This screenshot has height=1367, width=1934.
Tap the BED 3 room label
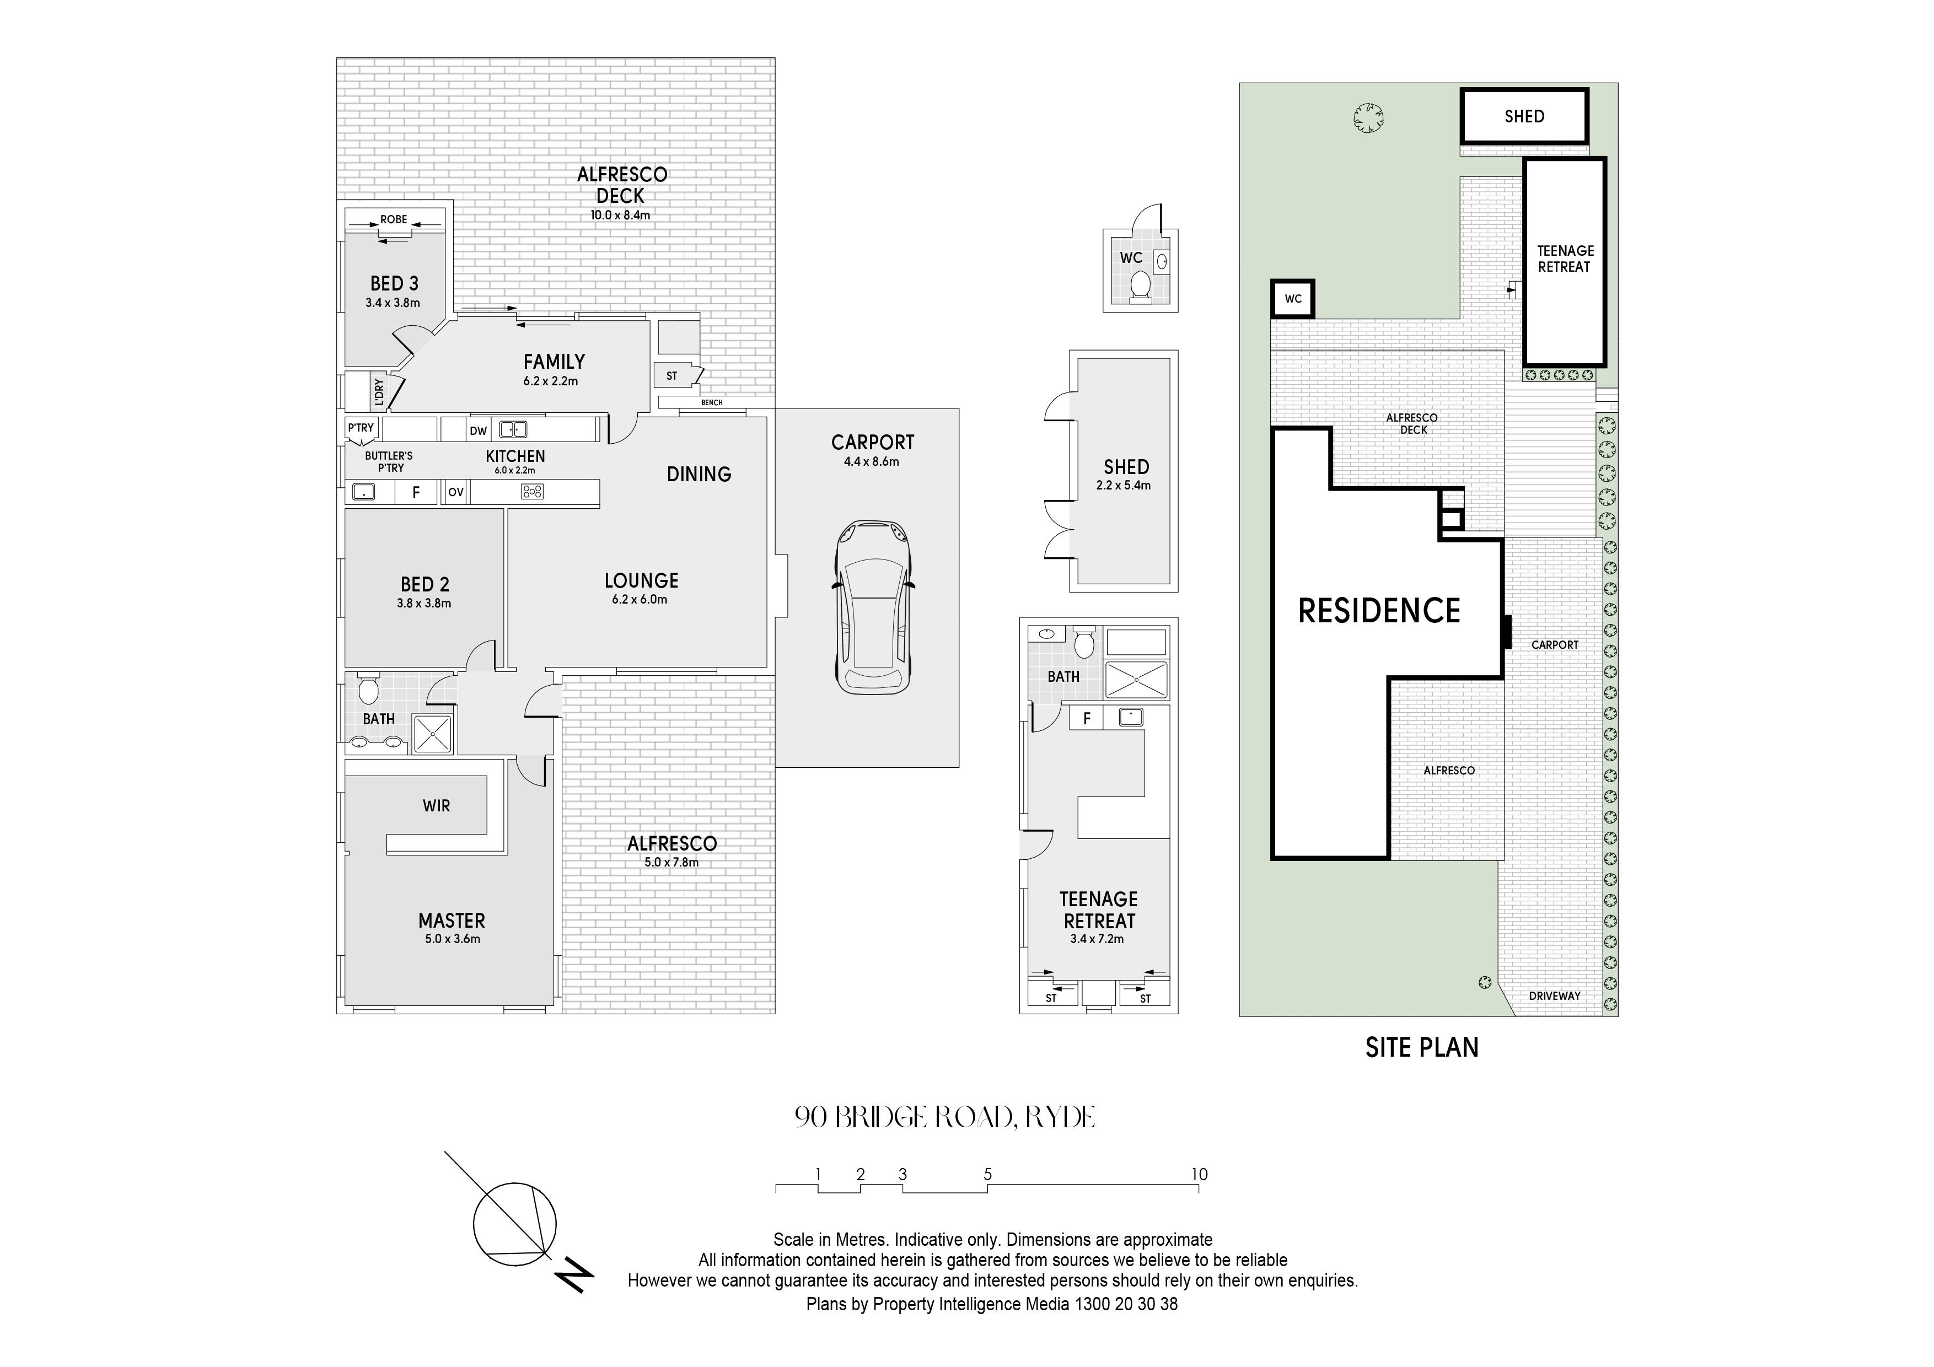[394, 284]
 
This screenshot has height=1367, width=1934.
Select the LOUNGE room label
[641, 580]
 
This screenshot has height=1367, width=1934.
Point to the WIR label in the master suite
[436, 806]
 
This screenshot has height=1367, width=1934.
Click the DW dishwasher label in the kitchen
[479, 431]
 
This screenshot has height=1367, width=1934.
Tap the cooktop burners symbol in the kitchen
[533, 492]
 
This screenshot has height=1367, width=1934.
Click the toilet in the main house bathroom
[368, 689]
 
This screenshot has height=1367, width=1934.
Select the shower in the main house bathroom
[432, 733]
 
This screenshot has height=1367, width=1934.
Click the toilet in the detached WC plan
[1140, 284]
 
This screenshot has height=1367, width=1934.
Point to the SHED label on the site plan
[1524, 116]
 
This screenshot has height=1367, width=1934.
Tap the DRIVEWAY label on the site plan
[1555, 995]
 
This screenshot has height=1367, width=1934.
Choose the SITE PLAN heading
[1422, 1047]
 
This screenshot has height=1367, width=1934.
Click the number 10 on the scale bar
[1200, 1174]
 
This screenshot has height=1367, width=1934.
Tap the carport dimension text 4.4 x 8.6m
[872, 461]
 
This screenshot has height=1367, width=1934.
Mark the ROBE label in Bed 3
[394, 220]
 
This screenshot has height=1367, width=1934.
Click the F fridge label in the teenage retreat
[1087, 718]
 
